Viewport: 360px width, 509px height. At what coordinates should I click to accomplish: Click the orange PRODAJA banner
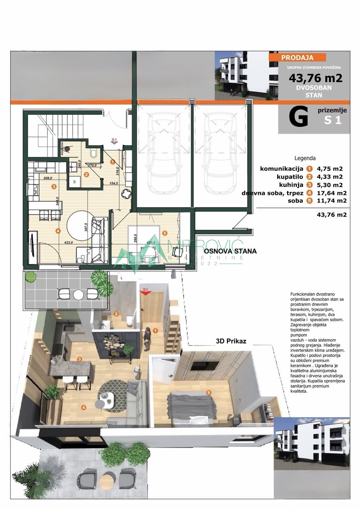(x=297, y=58)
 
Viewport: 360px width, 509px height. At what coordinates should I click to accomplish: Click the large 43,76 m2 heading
(x=315, y=78)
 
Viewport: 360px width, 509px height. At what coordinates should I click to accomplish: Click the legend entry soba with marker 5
(x=295, y=201)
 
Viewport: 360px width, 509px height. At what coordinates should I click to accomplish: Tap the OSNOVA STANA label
(x=230, y=251)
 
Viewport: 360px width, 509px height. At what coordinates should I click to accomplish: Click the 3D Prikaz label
(x=231, y=341)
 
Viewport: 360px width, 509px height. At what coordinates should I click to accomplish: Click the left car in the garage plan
(x=162, y=153)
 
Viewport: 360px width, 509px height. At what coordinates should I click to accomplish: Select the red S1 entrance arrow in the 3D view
(x=145, y=291)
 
